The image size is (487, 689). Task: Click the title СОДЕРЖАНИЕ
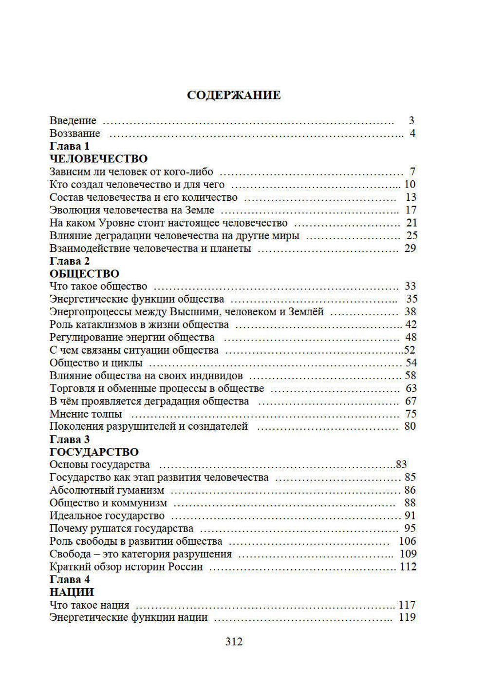234,95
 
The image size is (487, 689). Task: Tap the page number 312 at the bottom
234,642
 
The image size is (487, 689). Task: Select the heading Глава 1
70,146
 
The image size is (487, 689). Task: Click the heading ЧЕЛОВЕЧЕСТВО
98,159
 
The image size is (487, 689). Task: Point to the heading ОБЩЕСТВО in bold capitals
84,274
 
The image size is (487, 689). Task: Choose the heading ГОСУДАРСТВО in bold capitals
94,452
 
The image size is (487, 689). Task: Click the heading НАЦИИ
72,593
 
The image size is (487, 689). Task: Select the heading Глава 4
70,580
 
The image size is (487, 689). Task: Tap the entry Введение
73,120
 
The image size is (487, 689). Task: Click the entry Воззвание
75,134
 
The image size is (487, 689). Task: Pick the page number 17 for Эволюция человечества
411,210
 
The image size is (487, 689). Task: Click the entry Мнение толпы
86,414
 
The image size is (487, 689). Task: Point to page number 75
411,414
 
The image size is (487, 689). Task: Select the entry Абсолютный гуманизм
107,490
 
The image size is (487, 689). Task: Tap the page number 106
407,541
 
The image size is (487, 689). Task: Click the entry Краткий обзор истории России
126,567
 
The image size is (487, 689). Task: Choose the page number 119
407,617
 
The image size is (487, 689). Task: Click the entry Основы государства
100,465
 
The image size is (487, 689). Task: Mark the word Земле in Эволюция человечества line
199,210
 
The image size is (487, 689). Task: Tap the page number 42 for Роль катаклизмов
411,325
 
